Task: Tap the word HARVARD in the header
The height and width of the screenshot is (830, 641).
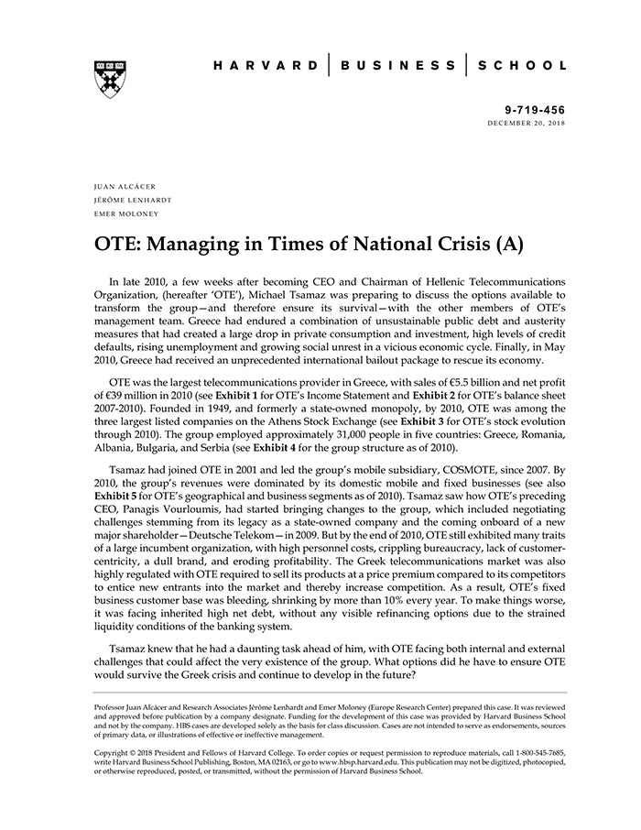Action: pos(266,67)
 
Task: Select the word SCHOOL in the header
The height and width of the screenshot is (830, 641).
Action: pos(523,67)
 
